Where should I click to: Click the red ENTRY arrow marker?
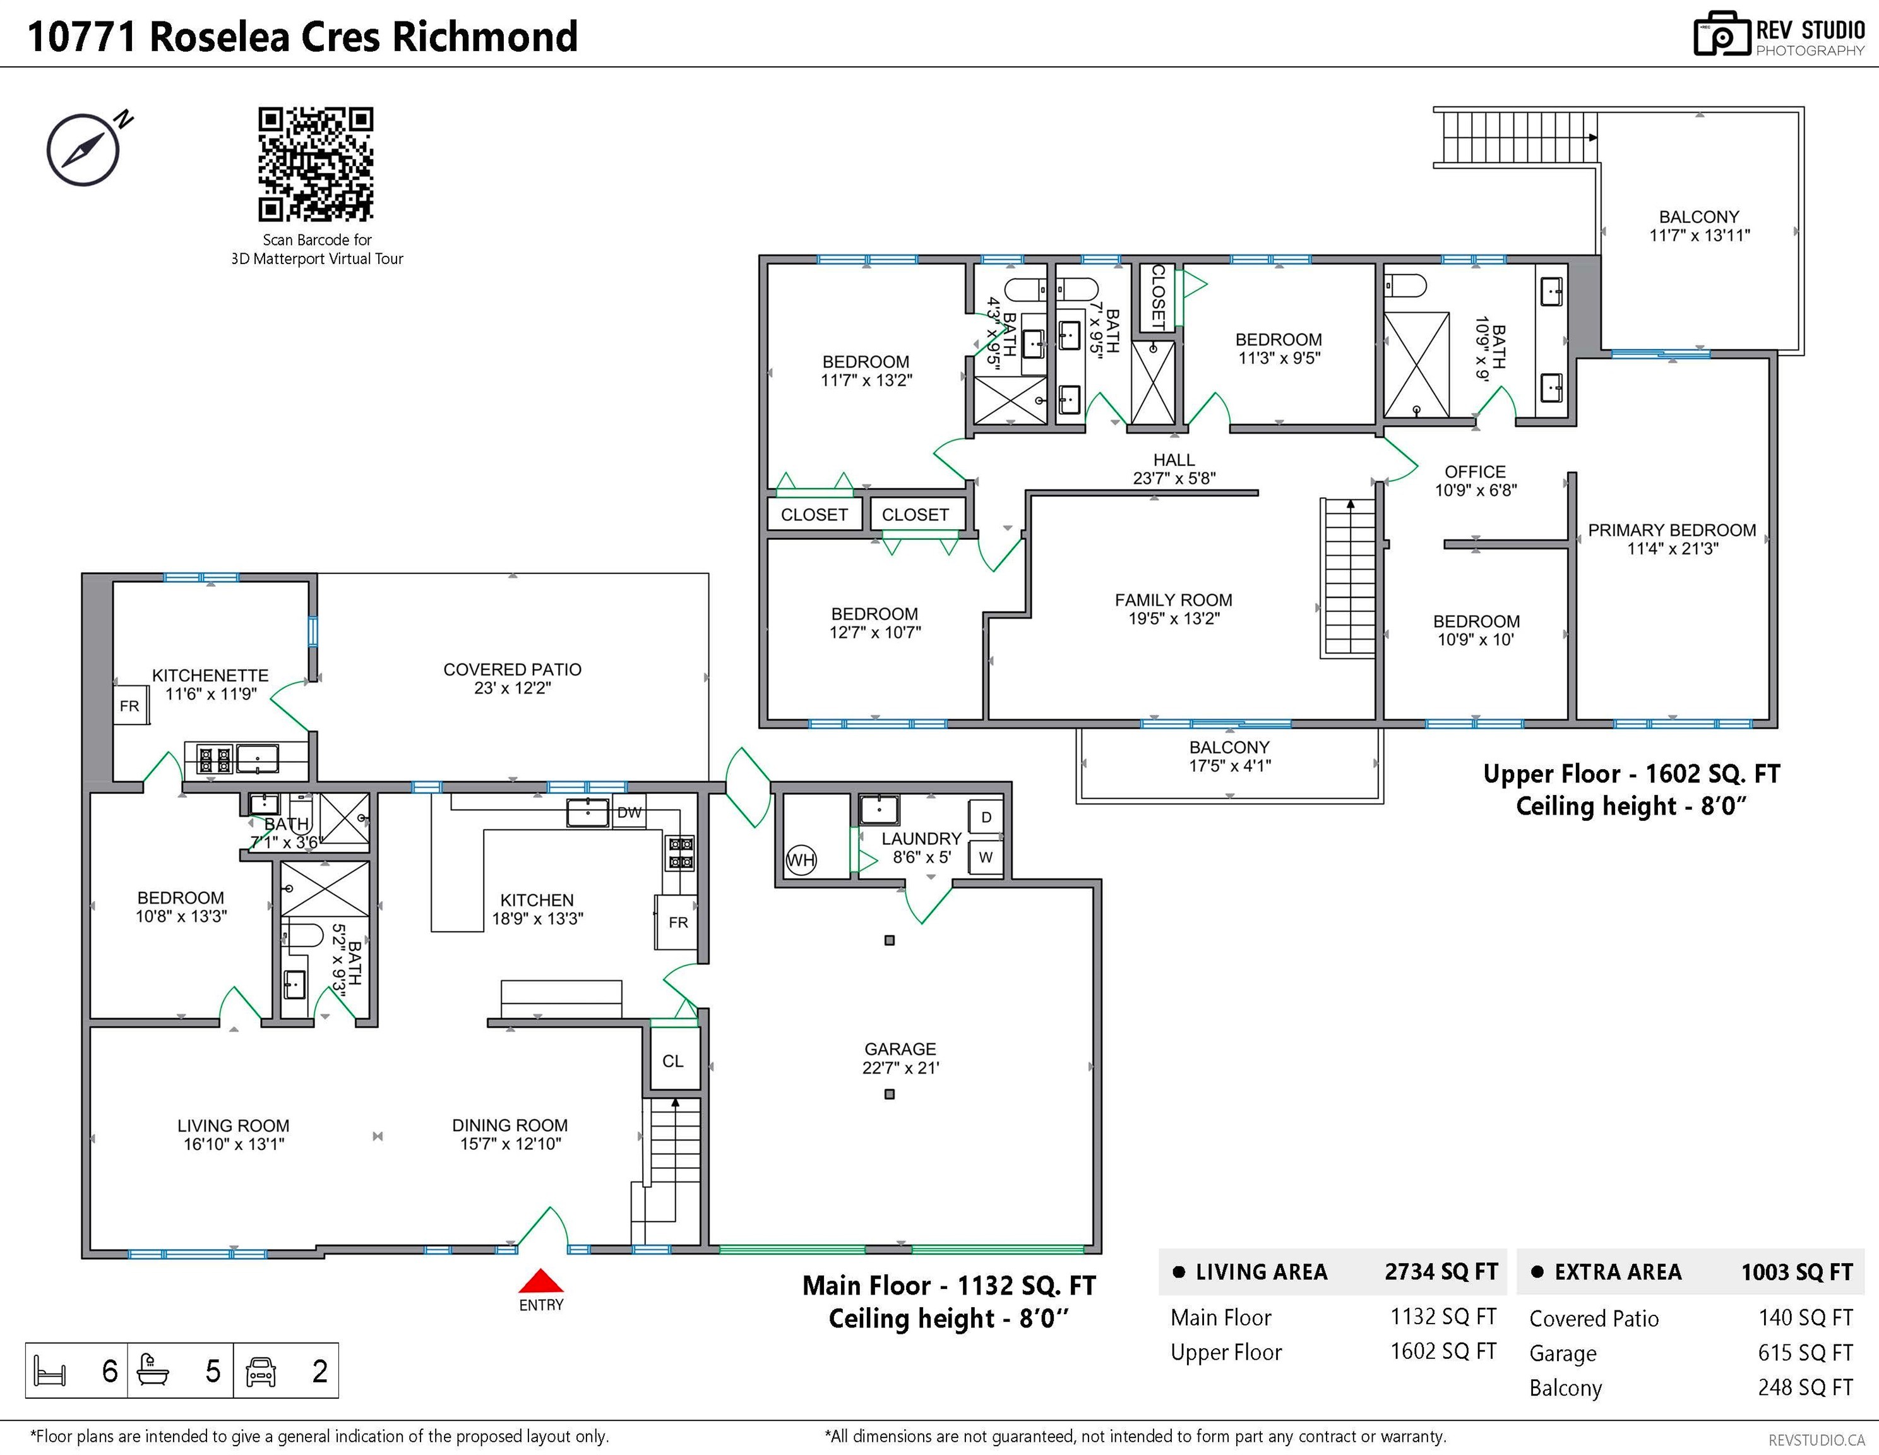pos(540,1281)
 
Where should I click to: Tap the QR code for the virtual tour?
pos(316,164)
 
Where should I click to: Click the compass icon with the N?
pos(83,150)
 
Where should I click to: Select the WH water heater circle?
pos(801,859)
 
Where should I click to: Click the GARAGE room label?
pos(900,1049)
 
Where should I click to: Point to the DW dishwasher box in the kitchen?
pos(629,812)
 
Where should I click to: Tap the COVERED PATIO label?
pos(512,669)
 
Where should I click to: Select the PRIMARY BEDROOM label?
pos(1672,530)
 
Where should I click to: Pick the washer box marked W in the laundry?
pos(986,857)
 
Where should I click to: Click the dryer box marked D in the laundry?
pos(986,817)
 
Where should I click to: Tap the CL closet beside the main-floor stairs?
pos(673,1061)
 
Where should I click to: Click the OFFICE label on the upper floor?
pos(1475,472)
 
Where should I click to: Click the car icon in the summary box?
pos(261,1370)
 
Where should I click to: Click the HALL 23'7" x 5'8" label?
pos(1174,469)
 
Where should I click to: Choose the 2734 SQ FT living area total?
pos(1440,1272)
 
